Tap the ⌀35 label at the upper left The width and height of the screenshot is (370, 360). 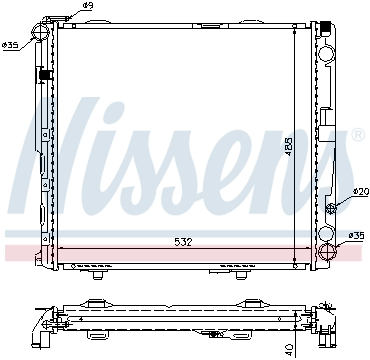(11, 46)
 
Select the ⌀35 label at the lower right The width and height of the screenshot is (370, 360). (355, 236)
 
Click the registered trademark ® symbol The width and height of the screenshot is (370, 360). (357, 134)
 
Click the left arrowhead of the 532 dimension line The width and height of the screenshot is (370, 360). (62, 250)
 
